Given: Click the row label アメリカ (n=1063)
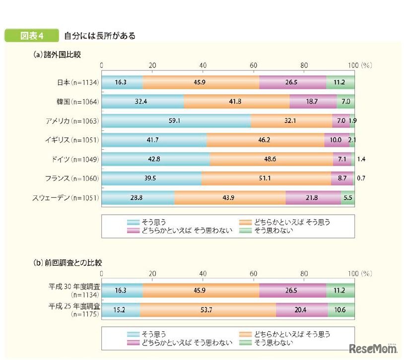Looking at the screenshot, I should [71, 121].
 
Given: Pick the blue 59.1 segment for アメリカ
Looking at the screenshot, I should [176, 121].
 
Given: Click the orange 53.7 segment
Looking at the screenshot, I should [208, 309].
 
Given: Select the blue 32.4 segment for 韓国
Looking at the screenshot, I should [143, 102].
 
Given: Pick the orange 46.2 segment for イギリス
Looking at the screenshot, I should [265, 140].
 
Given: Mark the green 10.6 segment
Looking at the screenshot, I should [340, 309].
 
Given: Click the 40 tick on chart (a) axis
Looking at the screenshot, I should [203, 65].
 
